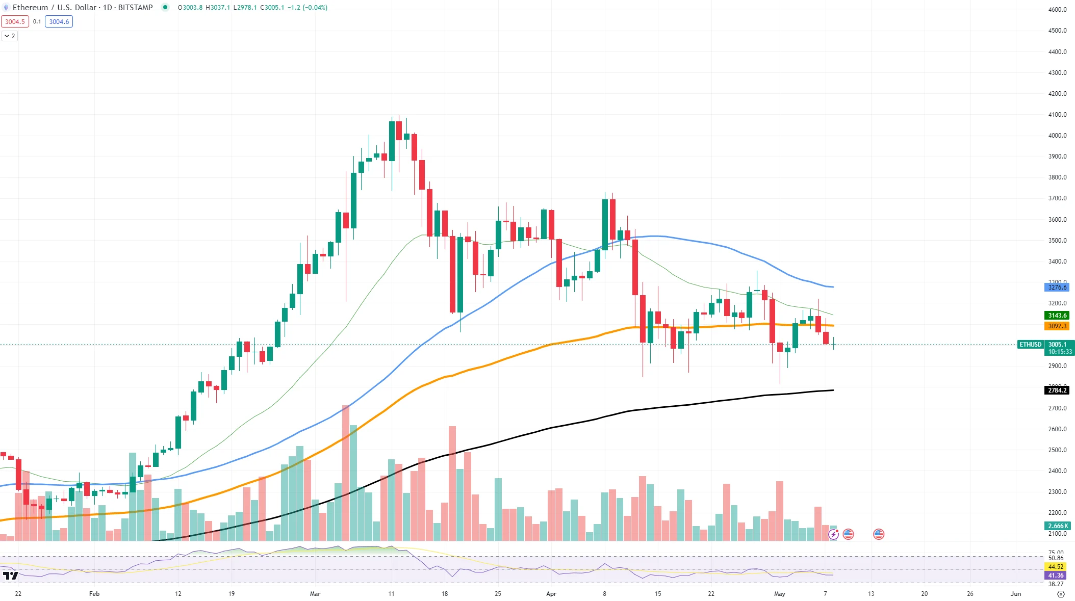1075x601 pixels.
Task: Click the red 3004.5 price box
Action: [15, 22]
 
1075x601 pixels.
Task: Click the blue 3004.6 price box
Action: [59, 22]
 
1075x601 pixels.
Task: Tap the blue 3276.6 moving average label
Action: [1057, 288]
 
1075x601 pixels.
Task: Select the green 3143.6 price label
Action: [1057, 316]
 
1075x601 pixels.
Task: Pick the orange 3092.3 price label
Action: [1057, 326]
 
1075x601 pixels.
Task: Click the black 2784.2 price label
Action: [1057, 390]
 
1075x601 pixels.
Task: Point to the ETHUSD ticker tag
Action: [1030, 345]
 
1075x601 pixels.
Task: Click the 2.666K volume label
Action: [1058, 526]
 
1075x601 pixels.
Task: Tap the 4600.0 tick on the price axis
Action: [1057, 10]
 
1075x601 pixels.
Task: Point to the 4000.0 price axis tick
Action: [1057, 136]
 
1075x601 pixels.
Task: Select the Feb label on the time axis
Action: [94, 594]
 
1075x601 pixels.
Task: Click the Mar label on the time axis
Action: [315, 594]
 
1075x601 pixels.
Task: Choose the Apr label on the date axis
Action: [551, 594]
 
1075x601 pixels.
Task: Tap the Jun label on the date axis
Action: [1016, 594]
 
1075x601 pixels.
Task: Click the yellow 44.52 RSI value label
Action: [1056, 567]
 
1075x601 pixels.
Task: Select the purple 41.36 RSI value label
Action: [1056, 576]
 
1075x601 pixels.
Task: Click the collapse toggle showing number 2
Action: [10, 36]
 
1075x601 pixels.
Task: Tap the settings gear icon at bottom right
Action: [1061, 594]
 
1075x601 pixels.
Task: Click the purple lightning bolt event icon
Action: [833, 534]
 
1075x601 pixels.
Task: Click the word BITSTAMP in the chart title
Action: [135, 8]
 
